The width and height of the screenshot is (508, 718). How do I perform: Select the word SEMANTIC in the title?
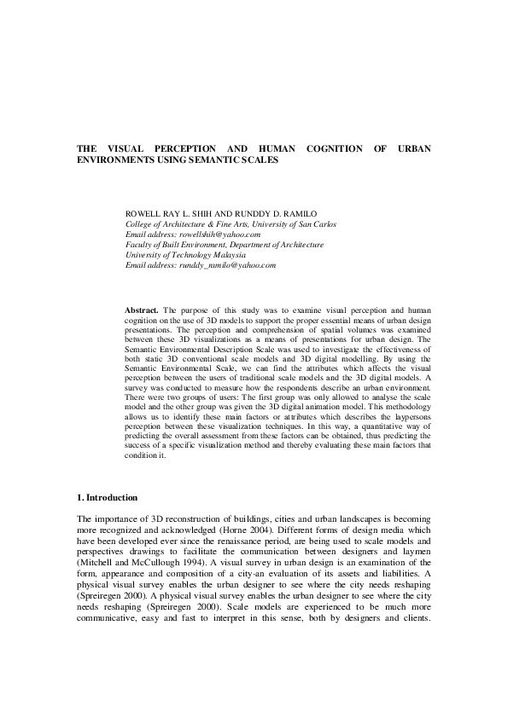coord(229,159)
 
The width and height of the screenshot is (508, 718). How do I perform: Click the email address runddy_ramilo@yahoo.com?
coord(226,265)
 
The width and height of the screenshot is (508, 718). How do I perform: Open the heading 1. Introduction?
coord(107,496)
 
